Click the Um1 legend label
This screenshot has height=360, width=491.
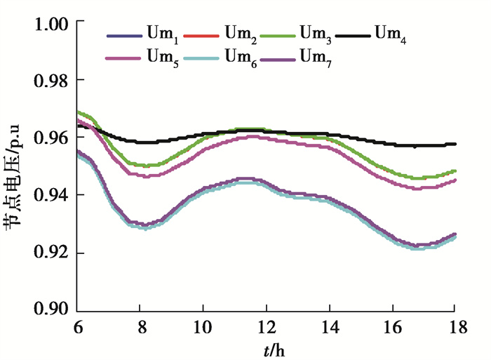pos(163,34)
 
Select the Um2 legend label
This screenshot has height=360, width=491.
pos(241,34)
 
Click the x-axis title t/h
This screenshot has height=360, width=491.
pos(267,349)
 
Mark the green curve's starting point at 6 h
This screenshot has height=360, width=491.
pos(78,112)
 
